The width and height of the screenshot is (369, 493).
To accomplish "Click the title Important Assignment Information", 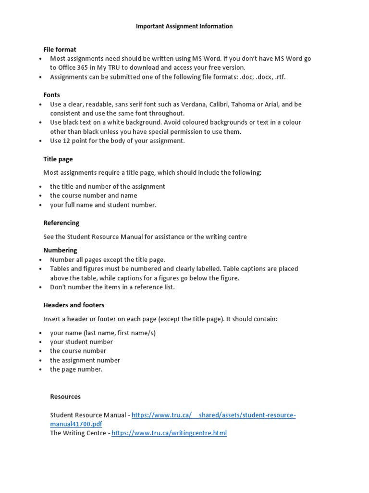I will point(184,26).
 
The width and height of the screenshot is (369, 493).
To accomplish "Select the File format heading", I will point(60,50).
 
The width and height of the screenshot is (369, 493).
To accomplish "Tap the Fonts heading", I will point(51,95).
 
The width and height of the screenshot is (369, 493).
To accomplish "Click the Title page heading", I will point(58,159).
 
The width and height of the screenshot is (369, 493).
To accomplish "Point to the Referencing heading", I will point(61,223).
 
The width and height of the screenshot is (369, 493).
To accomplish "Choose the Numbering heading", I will point(60,250).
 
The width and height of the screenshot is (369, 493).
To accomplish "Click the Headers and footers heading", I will point(74,305).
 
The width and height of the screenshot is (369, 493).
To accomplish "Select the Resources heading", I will point(65,397).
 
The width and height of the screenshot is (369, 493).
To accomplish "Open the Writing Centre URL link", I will point(169,433).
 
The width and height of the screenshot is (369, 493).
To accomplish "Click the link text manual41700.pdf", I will point(76,424).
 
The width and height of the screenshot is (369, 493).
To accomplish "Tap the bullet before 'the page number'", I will point(41,370).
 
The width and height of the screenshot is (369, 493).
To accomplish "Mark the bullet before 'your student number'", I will point(41,342).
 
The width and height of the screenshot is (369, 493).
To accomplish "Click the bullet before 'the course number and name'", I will point(41,196).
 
